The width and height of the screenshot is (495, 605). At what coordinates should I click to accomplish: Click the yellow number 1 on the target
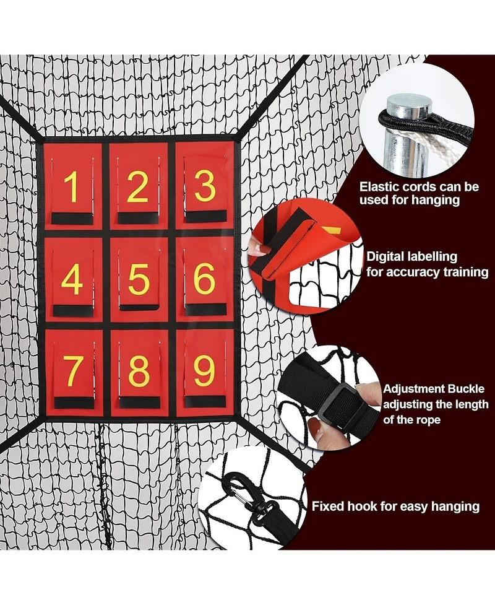point(72,187)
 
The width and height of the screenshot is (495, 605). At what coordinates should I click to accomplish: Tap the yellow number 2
point(137,187)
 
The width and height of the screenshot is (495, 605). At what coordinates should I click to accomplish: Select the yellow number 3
point(204,186)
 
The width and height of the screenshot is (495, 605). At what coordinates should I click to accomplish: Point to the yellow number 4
point(72,280)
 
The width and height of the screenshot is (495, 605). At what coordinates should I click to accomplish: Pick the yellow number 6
point(204,279)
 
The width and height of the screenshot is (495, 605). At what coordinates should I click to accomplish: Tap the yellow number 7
point(73,372)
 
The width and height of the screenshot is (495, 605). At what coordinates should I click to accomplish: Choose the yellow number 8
point(139,372)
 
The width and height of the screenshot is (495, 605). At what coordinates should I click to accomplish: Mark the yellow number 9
point(204,371)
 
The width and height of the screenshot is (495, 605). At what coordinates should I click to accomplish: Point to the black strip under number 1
point(72,219)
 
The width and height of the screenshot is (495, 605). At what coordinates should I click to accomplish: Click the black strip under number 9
point(205,401)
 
